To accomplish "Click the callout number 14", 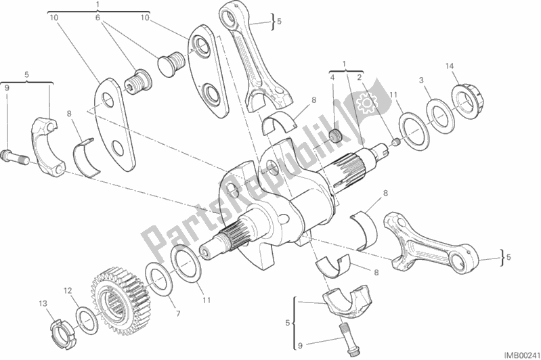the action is [449, 66].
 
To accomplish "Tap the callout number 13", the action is [43, 303].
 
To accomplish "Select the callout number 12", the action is [68, 290].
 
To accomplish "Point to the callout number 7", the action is [178, 314].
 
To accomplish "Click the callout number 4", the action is [332, 78].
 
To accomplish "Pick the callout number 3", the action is [421, 81].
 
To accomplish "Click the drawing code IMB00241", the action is [521, 355].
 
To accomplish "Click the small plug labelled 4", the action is [335, 136].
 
